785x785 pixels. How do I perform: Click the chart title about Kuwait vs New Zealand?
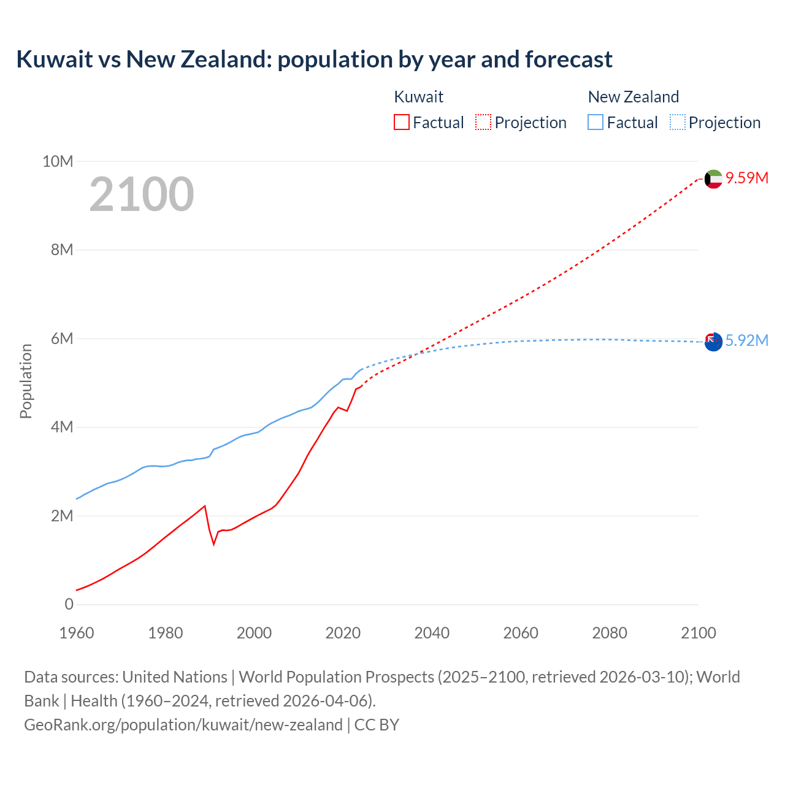(x=314, y=59)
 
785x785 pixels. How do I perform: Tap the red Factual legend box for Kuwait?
(x=401, y=122)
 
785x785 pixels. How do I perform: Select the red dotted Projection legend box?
(x=483, y=122)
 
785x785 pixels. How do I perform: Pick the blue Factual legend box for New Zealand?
(x=595, y=122)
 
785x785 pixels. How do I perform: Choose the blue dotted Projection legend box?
(x=677, y=122)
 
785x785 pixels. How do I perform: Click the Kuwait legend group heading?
(x=418, y=97)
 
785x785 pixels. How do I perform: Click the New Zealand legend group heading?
(x=633, y=97)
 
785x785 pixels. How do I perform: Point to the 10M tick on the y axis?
(x=58, y=161)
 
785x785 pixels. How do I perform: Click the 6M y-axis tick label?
(x=62, y=339)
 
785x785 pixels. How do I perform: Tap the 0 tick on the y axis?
(x=69, y=604)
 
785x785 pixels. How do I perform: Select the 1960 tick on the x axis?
(x=77, y=633)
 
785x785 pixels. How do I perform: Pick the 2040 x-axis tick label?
(x=432, y=633)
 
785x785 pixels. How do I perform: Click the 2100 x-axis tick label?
(x=698, y=633)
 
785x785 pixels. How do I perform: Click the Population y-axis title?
(x=26, y=381)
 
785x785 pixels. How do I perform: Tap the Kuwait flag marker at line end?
(x=713, y=179)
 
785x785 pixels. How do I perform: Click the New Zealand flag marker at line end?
(x=713, y=342)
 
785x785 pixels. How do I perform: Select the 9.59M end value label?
(x=746, y=178)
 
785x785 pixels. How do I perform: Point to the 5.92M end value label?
(x=746, y=340)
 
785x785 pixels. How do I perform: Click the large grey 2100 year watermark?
(x=142, y=194)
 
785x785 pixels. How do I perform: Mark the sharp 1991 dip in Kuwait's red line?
(x=214, y=544)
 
